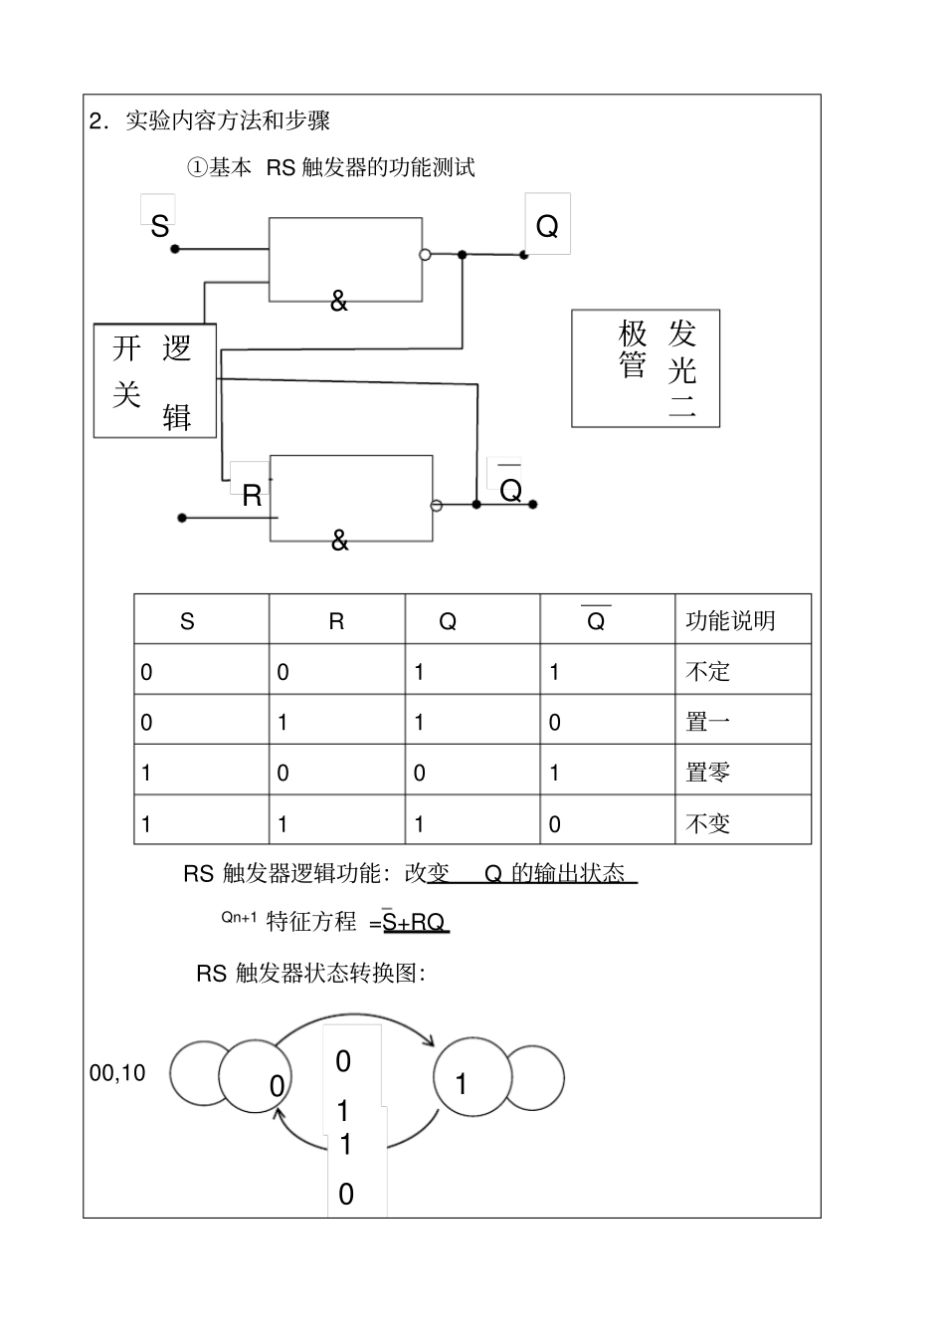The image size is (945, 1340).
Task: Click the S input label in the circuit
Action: pyautogui.click(x=159, y=227)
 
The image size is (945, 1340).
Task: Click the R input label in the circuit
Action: pyautogui.click(x=252, y=495)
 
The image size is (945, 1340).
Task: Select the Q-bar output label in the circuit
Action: pyautogui.click(x=510, y=489)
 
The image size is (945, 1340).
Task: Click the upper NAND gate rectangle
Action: pyautogui.click(x=345, y=259)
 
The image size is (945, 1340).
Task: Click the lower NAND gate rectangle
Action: pyautogui.click(x=351, y=498)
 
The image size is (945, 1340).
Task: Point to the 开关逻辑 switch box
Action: pyautogui.click(x=154, y=380)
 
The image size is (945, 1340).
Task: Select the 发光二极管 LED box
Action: pyautogui.click(x=645, y=368)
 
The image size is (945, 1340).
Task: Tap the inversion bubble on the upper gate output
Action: pyautogui.click(x=425, y=255)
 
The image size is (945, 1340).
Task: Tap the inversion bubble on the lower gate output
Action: pyautogui.click(x=436, y=506)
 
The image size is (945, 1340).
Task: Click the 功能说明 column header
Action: pyautogui.click(x=730, y=621)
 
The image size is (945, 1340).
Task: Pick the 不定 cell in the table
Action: pyautogui.click(x=708, y=672)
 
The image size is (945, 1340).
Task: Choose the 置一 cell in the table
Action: pyautogui.click(x=708, y=722)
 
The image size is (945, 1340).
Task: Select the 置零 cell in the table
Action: pyautogui.click(x=708, y=773)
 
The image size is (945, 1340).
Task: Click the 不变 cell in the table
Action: pyautogui.click(x=708, y=823)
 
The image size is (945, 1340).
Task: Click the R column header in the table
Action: pyautogui.click(x=336, y=622)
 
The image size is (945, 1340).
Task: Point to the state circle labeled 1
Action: pyautogui.click(x=472, y=1078)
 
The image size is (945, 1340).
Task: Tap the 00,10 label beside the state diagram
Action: pyautogui.click(x=117, y=1073)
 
